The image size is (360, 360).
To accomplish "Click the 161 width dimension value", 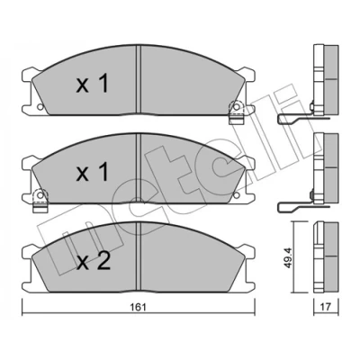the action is pos(139,308).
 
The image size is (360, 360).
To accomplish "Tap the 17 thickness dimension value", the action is pos(327,307).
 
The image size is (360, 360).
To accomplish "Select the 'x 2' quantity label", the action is pos(94,262).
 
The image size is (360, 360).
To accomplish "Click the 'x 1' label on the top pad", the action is pos(92,84).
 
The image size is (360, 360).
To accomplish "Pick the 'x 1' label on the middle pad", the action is pos(92,173).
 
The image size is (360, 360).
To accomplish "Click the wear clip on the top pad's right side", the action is pos(237,112).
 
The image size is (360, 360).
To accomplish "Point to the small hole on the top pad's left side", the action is pos(40,106).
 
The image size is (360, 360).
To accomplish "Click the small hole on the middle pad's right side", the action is pos(237,195).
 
